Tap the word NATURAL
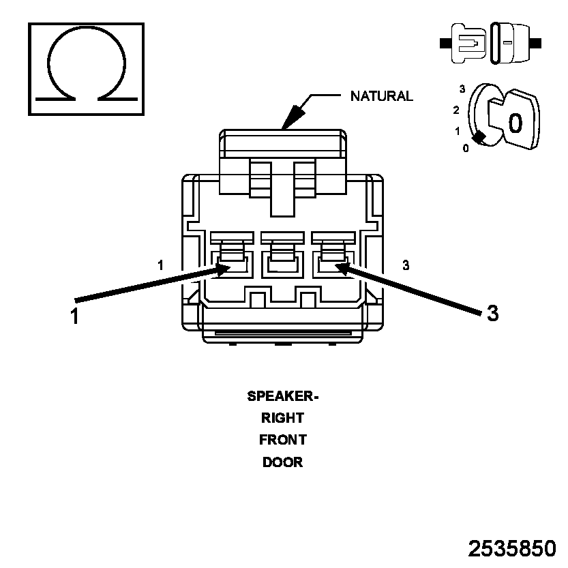click(381, 96)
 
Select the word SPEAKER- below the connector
click(282, 396)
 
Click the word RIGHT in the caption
click(282, 418)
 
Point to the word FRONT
click(282, 440)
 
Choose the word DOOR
click(282, 462)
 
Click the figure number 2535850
click(512, 548)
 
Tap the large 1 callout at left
click(74, 316)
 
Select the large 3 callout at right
click(492, 312)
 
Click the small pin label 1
click(160, 265)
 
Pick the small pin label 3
click(406, 265)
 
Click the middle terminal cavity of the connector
click(282, 265)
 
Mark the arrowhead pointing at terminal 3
click(343, 269)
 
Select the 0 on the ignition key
click(515, 123)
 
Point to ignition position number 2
click(456, 110)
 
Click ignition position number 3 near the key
click(462, 89)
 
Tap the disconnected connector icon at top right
click(490, 43)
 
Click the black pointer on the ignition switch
click(479, 137)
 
